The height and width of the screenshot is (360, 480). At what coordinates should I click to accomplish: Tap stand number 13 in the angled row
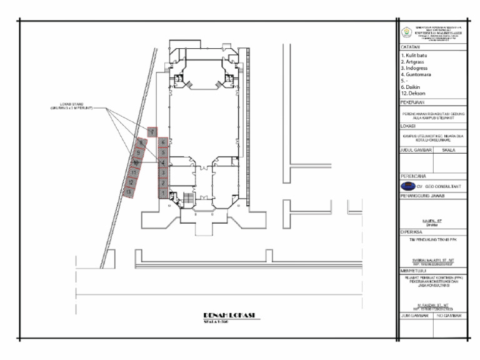[128, 192]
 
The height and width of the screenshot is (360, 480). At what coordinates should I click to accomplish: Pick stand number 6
[162, 142]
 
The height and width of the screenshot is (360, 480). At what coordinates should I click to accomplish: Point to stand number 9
[139, 152]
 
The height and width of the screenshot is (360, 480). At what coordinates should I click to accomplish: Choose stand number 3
[162, 172]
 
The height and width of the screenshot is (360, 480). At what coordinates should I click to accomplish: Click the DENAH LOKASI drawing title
[232, 314]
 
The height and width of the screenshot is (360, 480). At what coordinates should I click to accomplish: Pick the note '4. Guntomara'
[422, 74]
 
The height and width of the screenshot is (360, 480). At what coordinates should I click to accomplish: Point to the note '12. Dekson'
[418, 93]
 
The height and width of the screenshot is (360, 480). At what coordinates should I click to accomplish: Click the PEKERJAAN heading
[415, 101]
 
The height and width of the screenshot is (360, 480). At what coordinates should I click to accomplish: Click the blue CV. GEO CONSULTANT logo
[407, 186]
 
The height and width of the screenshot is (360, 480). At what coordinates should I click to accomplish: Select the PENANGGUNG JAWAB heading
[425, 196]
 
